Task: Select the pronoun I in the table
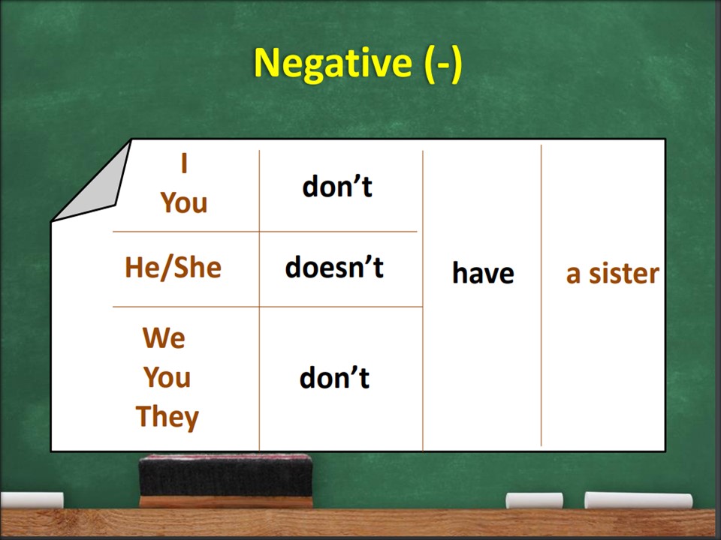pos(184,163)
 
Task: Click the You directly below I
pos(184,202)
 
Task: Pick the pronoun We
pos(164,338)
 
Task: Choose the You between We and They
pos(167,377)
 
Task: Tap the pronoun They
pos(167,417)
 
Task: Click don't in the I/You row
pos(337,187)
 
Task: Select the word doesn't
pos(334,267)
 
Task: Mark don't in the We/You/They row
pos(334,378)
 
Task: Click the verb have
pos(483,273)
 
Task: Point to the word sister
pos(624,273)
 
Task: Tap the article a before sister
pos(573,275)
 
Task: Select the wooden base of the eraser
pos(225,502)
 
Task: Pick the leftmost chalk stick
pos(32,500)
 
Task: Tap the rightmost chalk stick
pos(638,500)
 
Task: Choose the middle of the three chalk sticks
pos(534,501)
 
